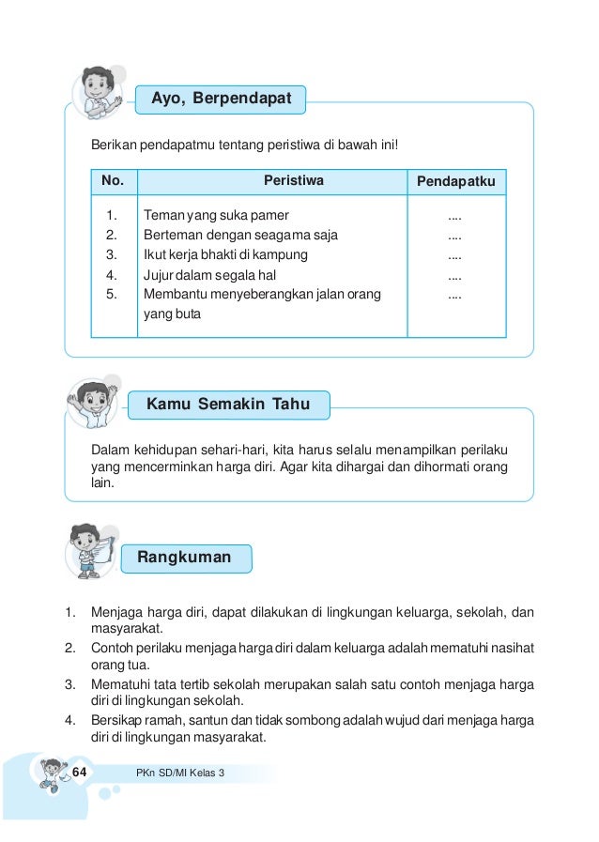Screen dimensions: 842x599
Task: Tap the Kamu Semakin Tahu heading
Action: click(228, 406)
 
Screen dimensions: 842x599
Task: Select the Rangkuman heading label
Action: click(185, 558)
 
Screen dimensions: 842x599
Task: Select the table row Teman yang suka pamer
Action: click(216, 215)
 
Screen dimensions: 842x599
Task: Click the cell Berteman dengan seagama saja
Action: click(240, 235)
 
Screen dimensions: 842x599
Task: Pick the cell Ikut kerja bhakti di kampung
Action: click(225, 254)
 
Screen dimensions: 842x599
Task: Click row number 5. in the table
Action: click(112, 295)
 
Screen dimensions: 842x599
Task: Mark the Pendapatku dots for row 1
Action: click(454, 216)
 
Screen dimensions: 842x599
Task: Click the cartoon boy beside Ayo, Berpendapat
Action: click(98, 94)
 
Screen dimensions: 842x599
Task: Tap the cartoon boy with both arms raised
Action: click(91, 402)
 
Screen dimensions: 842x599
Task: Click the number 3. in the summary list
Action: click(69, 682)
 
